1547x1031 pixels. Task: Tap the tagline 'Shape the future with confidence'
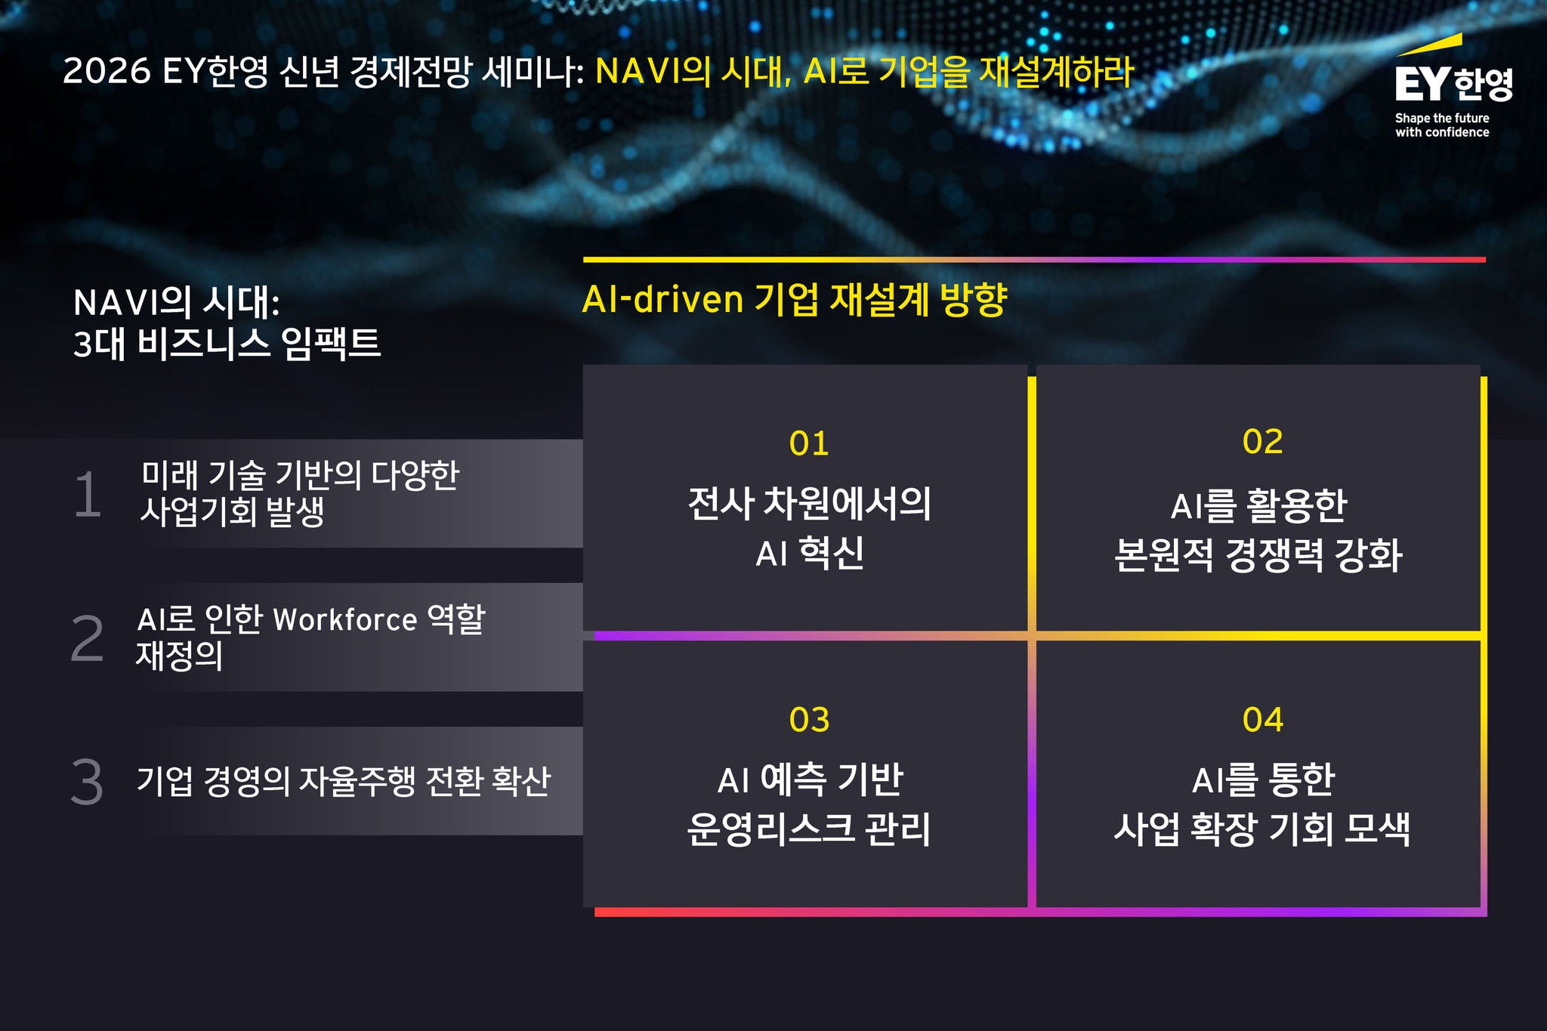click(1442, 125)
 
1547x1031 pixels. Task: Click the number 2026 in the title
click(107, 72)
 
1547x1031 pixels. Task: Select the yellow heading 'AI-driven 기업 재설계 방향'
click(795, 299)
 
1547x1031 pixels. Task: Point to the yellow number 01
click(809, 443)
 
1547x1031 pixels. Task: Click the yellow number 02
click(1262, 442)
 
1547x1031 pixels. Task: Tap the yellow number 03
click(809, 720)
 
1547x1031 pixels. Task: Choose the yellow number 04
click(1262, 720)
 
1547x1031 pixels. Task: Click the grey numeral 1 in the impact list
click(88, 495)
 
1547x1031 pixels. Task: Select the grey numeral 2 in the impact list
click(87, 639)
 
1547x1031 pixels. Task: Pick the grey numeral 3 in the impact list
click(87, 782)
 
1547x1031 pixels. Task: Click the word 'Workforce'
click(345, 620)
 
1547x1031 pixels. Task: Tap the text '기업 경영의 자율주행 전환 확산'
click(344, 781)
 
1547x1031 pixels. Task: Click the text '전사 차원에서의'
click(809, 504)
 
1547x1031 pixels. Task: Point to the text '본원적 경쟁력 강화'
click(1258, 555)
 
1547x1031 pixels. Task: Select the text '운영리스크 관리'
click(809, 829)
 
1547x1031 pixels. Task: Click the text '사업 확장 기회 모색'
click(1261, 829)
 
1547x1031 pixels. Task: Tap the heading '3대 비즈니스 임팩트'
click(227, 344)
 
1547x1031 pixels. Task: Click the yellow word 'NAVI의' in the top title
click(653, 72)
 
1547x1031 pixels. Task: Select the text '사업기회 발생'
click(232, 512)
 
